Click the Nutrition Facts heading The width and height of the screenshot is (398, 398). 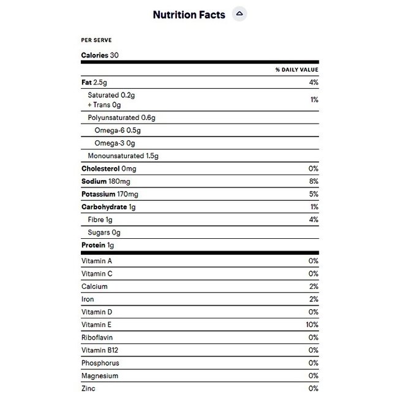(x=189, y=15)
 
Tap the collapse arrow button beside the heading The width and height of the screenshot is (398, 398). (x=240, y=15)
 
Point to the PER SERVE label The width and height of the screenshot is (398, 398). (x=96, y=40)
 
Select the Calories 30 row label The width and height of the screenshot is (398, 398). (x=100, y=55)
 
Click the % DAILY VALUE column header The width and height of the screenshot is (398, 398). (x=297, y=70)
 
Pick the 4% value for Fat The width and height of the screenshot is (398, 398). (x=314, y=83)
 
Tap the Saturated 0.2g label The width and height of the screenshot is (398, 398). (x=111, y=96)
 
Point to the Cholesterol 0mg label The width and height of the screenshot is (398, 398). (x=108, y=168)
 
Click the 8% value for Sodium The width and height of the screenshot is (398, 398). (x=314, y=181)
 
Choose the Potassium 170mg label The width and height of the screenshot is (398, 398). (x=110, y=194)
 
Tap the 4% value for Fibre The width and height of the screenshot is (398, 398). (x=314, y=220)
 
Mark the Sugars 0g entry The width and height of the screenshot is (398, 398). (x=104, y=233)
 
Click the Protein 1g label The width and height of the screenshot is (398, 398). (x=98, y=246)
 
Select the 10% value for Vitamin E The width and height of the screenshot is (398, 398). (x=312, y=325)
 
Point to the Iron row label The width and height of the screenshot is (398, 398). (x=88, y=299)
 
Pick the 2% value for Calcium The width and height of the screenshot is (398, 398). (x=314, y=287)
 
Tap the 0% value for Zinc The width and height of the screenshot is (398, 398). (x=314, y=388)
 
